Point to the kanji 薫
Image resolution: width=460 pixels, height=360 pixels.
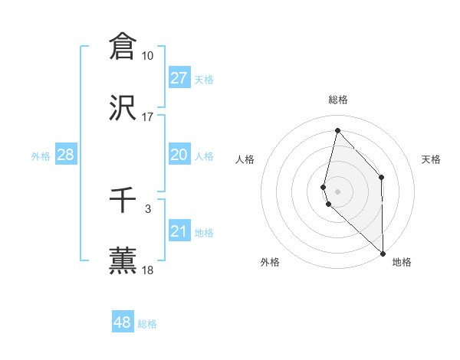tap(123, 260)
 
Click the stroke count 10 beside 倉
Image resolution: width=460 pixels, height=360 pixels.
tap(147, 56)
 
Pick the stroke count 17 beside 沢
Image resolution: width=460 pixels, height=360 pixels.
tap(147, 117)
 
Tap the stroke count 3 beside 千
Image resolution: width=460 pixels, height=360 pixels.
tap(147, 208)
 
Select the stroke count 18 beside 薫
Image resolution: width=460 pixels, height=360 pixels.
tap(147, 270)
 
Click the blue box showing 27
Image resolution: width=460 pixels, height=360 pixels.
tap(179, 78)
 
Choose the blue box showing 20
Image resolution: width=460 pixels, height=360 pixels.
tap(179, 155)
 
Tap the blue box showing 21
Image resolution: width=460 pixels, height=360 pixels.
tap(179, 231)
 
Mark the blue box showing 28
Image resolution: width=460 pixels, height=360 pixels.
tap(66, 155)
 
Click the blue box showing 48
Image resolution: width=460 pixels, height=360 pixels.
tap(123, 322)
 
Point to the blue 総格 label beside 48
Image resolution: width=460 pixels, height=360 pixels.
tap(148, 324)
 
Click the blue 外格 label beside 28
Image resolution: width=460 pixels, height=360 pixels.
tap(41, 156)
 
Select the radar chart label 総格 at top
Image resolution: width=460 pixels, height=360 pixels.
tap(338, 100)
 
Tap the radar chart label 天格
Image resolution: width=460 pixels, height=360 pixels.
tap(432, 159)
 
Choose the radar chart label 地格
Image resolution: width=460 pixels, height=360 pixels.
tap(402, 263)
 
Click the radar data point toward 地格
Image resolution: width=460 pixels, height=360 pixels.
tap(383, 253)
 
